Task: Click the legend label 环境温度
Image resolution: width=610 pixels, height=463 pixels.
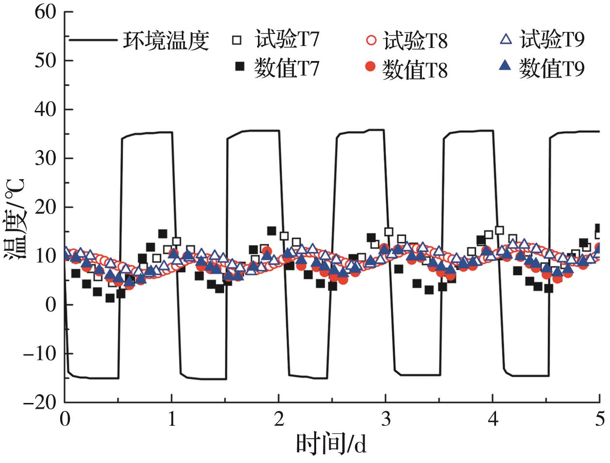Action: click(x=165, y=41)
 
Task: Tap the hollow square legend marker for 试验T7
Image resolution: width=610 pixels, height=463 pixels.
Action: click(x=237, y=40)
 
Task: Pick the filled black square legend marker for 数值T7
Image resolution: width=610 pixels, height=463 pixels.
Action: click(x=239, y=67)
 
